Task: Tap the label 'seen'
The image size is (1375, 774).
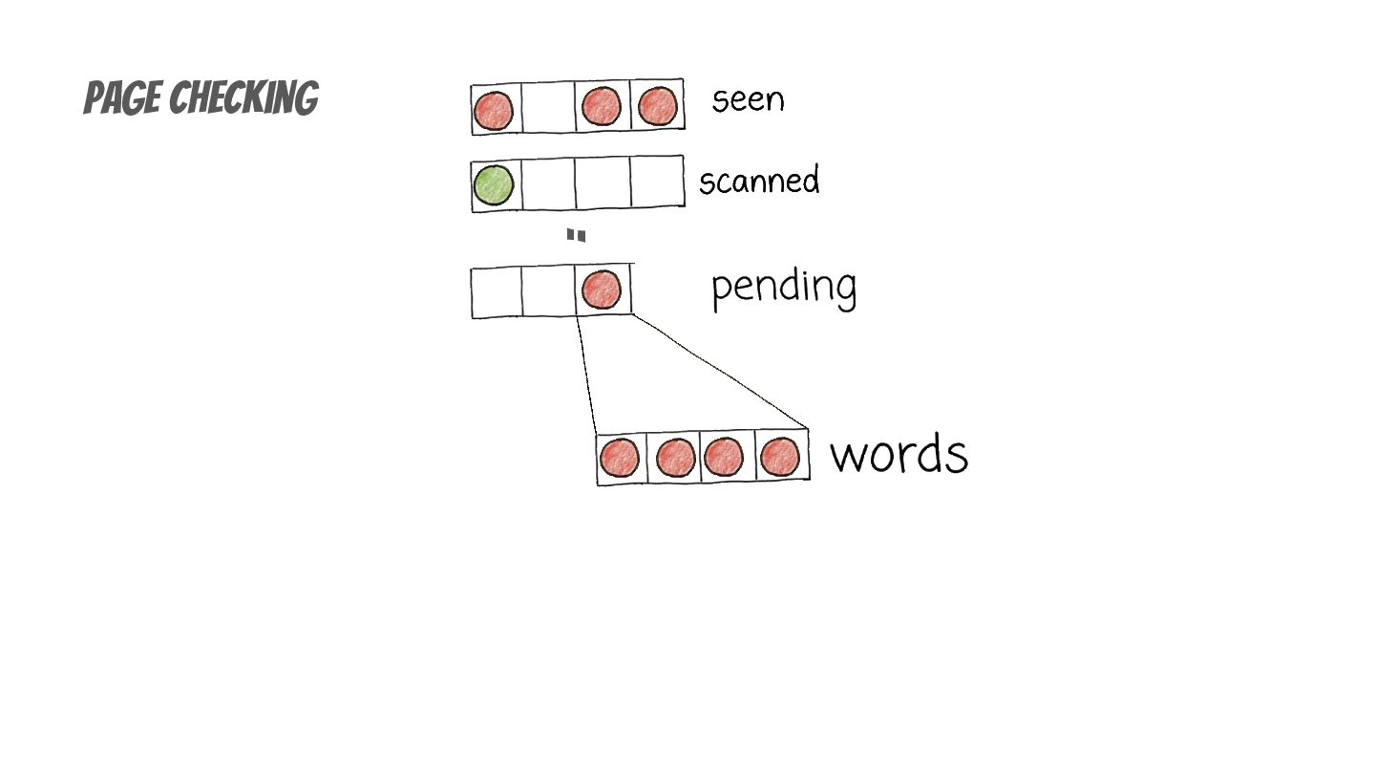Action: tap(748, 99)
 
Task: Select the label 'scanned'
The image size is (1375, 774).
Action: tap(759, 181)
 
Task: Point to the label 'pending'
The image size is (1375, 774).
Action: tap(783, 287)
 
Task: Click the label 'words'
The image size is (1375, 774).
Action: tap(899, 454)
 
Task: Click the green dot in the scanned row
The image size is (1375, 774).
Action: tap(494, 184)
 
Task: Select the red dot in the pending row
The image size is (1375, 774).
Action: tap(602, 290)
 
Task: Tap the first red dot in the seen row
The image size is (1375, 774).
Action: tap(494, 110)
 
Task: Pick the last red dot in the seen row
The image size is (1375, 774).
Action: tap(657, 106)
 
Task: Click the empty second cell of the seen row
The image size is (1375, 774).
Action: tap(548, 108)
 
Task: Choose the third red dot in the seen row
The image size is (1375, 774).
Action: tap(602, 107)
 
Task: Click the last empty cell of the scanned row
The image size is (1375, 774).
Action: tap(657, 182)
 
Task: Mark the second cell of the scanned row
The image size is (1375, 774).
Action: tap(548, 183)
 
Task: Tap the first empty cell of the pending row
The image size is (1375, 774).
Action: tap(497, 292)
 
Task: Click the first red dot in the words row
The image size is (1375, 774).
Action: tap(620, 459)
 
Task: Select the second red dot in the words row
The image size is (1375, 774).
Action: tap(675, 458)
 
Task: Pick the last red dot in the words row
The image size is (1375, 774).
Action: tap(780, 457)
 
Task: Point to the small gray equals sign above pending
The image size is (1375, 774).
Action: tap(576, 235)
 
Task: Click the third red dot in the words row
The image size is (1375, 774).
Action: tap(724, 457)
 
